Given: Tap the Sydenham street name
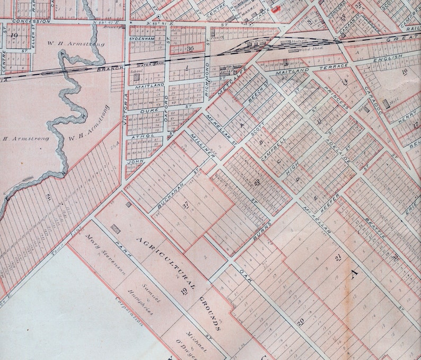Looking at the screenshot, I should tap(142, 39).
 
